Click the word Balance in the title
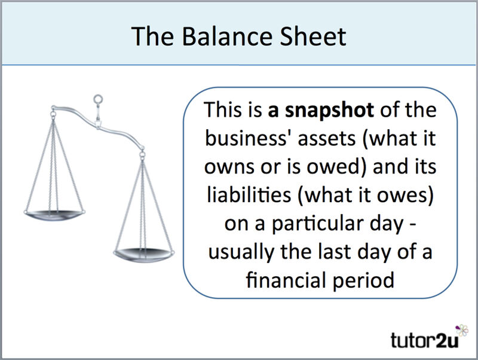[227, 36]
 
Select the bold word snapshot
[329, 111]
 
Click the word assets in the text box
[327, 139]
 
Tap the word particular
[317, 224]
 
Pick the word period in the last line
[363, 280]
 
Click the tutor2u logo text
[424, 340]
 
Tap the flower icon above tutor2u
[462, 331]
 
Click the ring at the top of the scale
[98, 99]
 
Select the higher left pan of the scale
[54, 215]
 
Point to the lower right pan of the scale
[143, 255]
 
